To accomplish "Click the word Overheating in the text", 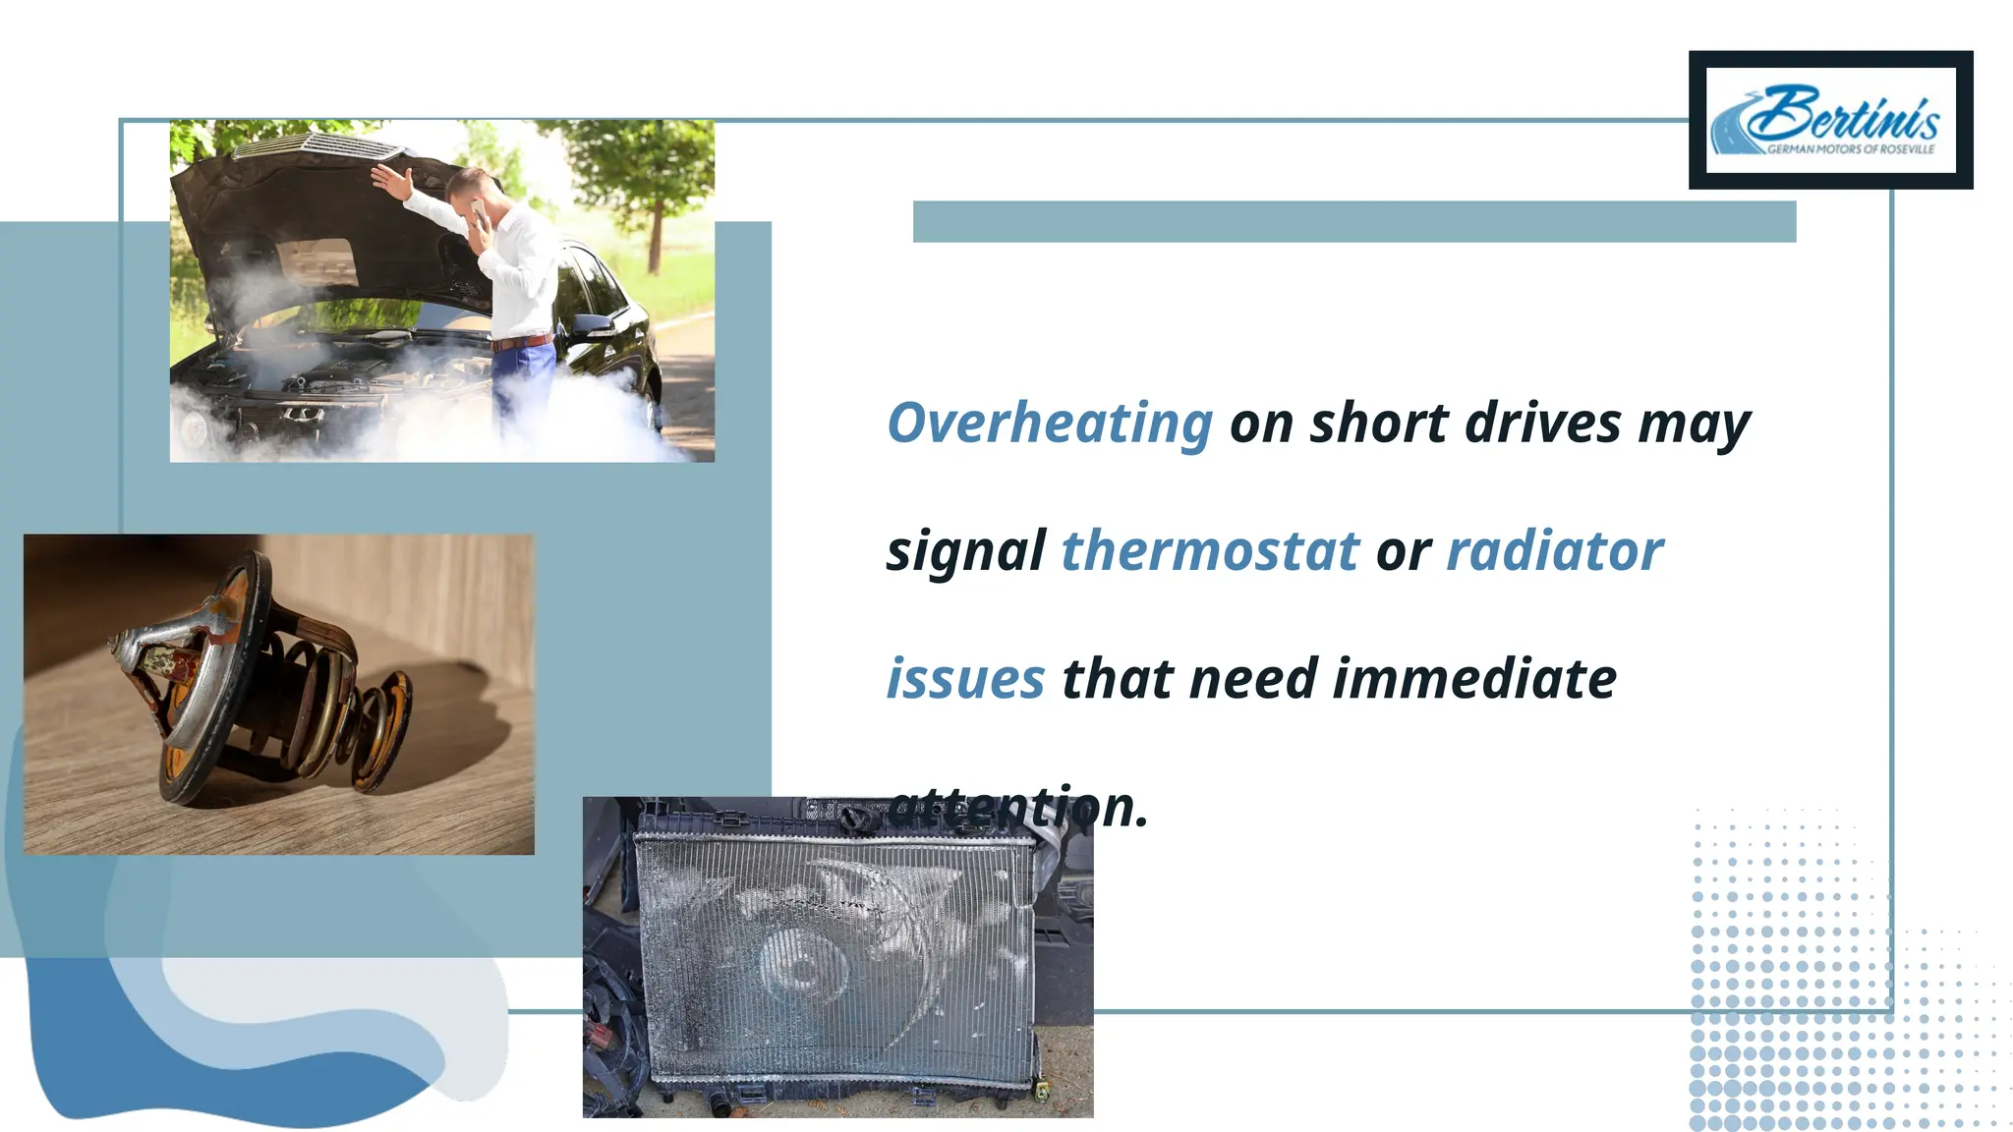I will click(x=1050, y=424).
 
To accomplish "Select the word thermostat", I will click(x=1210, y=551).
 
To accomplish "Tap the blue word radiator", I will click(x=1555, y=551).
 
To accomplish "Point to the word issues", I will click(x=965, y=679).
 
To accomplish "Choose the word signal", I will click(x=965, y=551).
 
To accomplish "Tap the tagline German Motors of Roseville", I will click(x=1850, y=149).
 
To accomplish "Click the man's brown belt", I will click(x=522, y=343).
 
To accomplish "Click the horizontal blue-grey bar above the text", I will click(x=1353, y=221).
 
